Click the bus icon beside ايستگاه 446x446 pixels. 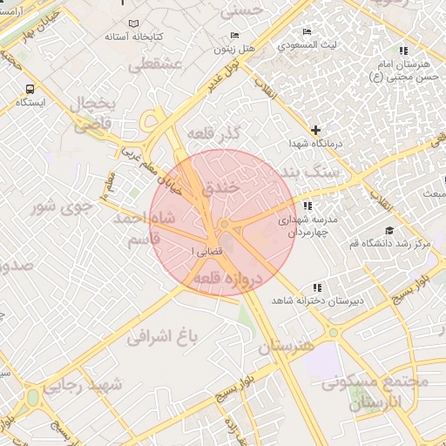click(x=31, y=89)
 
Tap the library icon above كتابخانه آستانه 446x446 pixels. click(x=132, y=24)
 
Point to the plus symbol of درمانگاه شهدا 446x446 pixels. click(x=315, y=130)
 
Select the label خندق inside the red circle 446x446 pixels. click(x=220, y=186)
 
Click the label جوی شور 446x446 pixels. click(x=55, y=206)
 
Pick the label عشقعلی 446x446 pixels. click(x=152, y=64)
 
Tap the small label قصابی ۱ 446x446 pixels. click(x=206, y=251)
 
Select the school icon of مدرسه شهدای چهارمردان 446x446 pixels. click(x=307, y=206)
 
